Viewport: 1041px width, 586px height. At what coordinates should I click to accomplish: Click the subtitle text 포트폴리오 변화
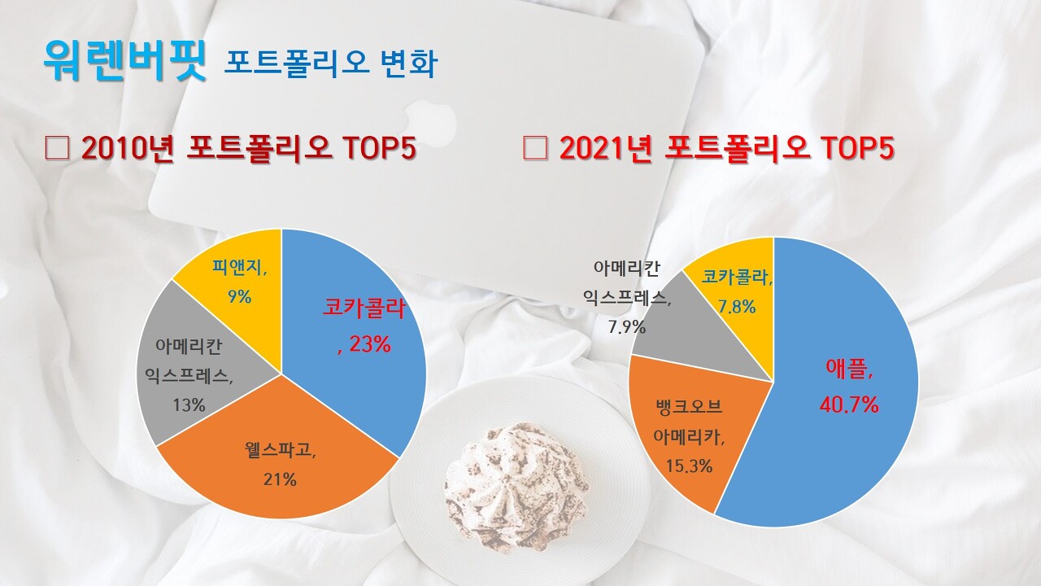pos(330,63)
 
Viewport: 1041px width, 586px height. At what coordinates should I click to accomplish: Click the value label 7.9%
pos(626,327)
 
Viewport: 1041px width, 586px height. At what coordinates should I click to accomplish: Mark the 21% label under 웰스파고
pos(279,479)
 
